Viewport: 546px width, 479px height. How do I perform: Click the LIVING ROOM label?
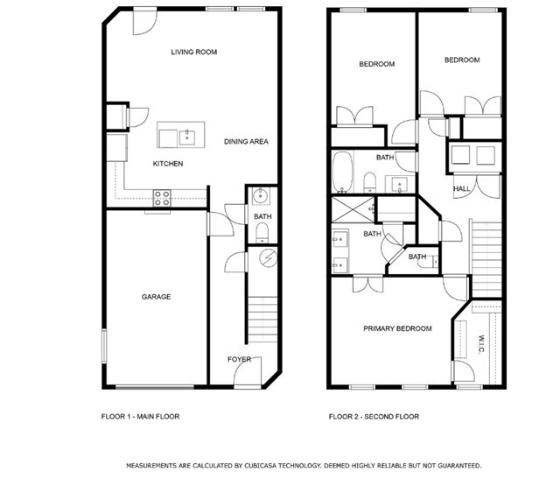pos(193,53)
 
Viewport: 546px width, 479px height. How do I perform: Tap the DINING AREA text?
pos(246,142)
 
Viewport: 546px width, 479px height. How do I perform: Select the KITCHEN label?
pos(168,165)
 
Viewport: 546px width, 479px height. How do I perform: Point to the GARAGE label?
pos(156,297)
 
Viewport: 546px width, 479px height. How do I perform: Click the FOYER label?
pos(239,360)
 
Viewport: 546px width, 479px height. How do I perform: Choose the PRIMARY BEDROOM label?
pos(398,328)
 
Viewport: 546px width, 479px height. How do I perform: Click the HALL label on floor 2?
pos(461,189)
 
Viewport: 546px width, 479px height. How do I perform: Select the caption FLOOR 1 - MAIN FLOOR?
pos(140,417)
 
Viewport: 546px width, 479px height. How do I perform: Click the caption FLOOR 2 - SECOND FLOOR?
pos(374,417)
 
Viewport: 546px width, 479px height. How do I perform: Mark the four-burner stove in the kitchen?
pos(163,199)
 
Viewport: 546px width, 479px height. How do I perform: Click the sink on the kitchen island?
pos(185,137)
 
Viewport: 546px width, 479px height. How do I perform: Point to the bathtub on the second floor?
pos(343,172)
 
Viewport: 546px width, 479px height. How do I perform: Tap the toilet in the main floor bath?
pos(262,231)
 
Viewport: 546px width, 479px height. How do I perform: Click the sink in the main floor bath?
pos(260,196)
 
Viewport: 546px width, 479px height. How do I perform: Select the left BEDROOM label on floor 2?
pos(377,64)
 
